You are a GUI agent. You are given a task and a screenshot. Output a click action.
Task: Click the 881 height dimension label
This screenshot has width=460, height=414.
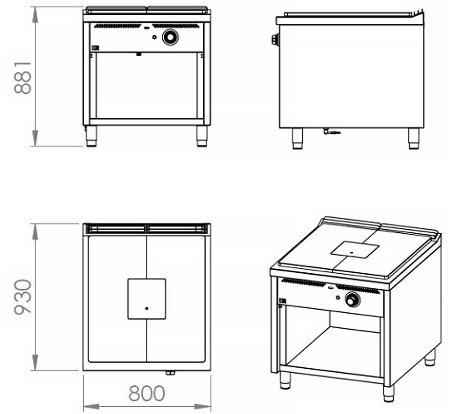click(23, 77)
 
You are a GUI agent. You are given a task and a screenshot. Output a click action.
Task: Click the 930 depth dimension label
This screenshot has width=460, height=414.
click(23, 297)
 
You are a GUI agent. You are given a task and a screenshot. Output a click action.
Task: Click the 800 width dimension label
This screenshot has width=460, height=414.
click(147, 393)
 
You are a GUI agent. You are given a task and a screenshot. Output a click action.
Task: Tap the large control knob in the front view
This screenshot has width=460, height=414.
click(170, 37)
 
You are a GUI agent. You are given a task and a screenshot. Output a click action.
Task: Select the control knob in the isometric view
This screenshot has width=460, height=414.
click(352, 299)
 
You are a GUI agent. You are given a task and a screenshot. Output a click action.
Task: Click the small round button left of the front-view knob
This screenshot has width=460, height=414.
click(154, 37)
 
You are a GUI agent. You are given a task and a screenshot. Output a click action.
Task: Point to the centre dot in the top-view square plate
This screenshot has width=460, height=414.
click(147, 308)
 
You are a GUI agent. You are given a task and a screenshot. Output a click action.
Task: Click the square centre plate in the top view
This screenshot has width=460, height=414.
click(147, 299)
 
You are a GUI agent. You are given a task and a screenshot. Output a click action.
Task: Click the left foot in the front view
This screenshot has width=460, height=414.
click(92, 136)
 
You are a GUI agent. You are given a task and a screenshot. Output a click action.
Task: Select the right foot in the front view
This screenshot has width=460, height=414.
click(202, 136)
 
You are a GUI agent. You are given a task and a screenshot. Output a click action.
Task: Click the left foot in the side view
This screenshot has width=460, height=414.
click(297, 138)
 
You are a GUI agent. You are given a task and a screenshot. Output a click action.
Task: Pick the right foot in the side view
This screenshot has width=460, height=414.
click(414, 138)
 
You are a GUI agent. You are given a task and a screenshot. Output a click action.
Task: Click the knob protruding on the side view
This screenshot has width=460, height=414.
click(274, 40)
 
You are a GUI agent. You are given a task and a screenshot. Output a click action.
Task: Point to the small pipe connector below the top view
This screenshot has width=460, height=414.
click(170, 373)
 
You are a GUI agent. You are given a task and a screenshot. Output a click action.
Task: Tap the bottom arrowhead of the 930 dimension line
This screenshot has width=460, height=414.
click(35, 362)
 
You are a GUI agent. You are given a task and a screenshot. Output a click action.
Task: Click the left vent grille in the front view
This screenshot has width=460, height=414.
click(118, 26)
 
